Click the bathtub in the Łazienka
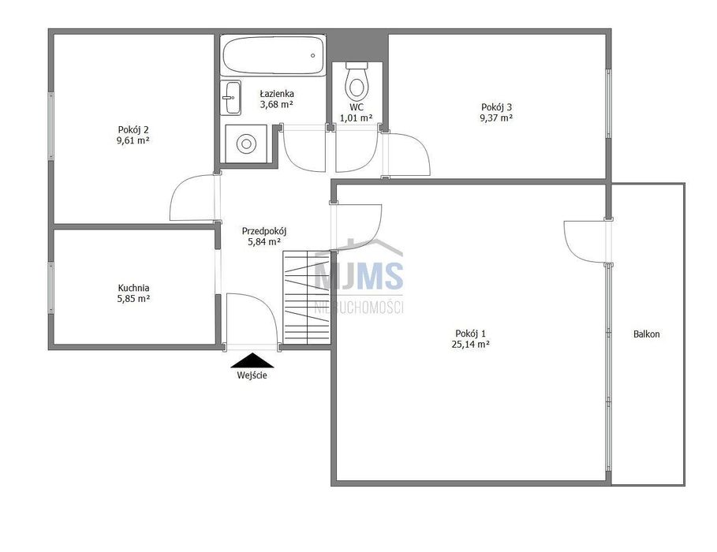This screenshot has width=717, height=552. [x=274, y=55]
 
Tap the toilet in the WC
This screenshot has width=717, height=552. [x=357, y=81]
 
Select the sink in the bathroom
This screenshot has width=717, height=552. [x=230, y=98]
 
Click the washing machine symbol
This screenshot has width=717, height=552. [x=246, y=144]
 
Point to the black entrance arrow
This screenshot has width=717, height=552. [x=252, y=360]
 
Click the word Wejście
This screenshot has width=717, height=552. [x=252, y=376]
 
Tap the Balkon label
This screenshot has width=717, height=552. [x=646, y=334]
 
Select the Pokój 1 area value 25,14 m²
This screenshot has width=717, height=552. [x=471, y=345]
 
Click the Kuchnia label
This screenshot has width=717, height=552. [x=133, y=288]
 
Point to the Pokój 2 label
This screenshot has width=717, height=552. [x=133, y=129]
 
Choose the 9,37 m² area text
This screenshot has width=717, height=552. [x=496, y=117]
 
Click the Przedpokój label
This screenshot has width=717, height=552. [x=263, y=231]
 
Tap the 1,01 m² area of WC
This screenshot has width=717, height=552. [x=356, y=117]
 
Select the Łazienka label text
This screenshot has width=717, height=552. [x=277, y=94]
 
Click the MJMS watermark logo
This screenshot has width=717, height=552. [x=360, y=276]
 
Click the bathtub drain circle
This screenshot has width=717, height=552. [x=313, y=56]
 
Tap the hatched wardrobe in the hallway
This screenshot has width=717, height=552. [x=307, y=297]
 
